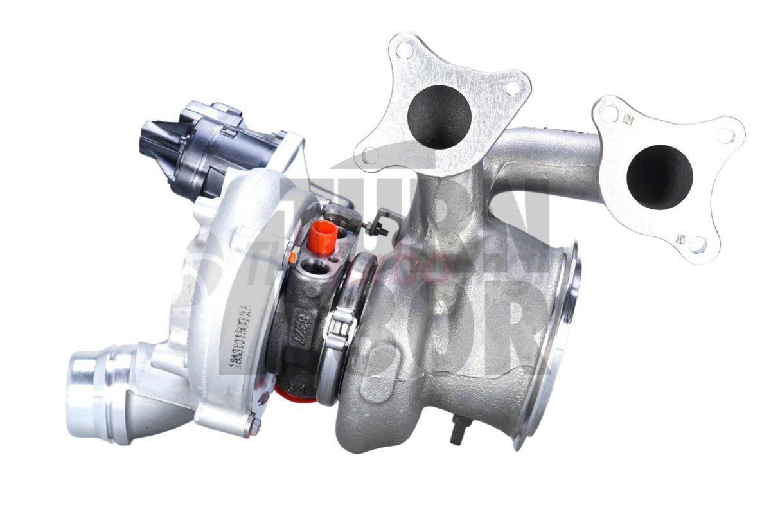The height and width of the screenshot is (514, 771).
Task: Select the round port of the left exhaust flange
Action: click(439, 116)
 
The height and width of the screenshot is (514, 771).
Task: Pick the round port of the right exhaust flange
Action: click(659, 177)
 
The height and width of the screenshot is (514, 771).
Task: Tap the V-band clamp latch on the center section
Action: click(340, 325)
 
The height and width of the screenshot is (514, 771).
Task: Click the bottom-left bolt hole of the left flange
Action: click(368, 155)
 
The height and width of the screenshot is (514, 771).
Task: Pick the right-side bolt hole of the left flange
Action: click(513, 89)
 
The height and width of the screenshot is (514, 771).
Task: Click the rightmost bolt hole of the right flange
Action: click(725, 135)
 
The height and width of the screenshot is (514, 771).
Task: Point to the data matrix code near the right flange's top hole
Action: click(628, 120)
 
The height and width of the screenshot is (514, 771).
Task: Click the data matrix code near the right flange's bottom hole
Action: click(680, 240)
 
